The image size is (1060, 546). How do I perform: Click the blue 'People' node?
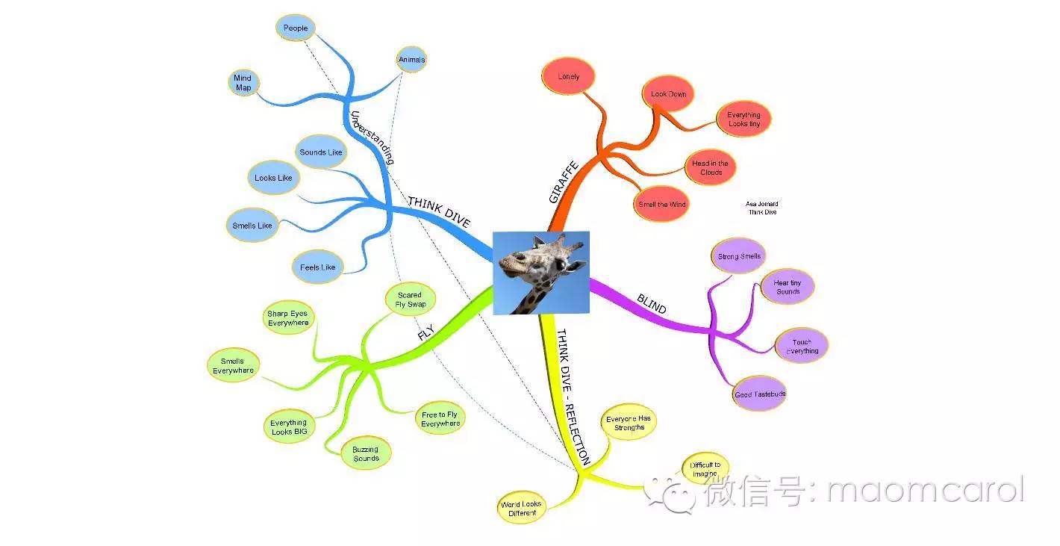[296, 28]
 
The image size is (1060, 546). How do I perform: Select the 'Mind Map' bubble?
[243, 82]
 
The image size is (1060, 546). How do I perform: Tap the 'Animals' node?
[411, 60]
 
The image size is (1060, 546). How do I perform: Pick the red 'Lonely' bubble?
[568, 76]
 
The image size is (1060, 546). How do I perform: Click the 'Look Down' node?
[668, 94]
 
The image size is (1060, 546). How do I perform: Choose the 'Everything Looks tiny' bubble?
[744, 119]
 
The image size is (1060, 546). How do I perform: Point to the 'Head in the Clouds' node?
[710, 167]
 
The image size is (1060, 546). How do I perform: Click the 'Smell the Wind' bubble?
[661, 204]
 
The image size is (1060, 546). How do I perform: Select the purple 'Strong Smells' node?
[739, 256]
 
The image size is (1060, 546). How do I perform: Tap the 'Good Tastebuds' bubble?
[760, 394]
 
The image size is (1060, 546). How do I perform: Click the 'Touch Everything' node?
[802, 346]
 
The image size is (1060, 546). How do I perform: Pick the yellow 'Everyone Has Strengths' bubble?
[629, 423]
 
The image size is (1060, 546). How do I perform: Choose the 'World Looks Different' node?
[521, 508]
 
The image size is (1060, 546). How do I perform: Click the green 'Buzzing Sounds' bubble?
[366, 453]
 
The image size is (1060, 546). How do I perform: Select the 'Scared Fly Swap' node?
[411, 300]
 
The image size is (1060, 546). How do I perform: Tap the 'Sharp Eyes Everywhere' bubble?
[287, 317]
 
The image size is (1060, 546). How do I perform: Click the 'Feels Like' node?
[317, 267]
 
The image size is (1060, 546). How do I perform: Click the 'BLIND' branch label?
[652, 304]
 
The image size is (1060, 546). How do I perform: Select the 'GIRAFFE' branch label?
[564, 182]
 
